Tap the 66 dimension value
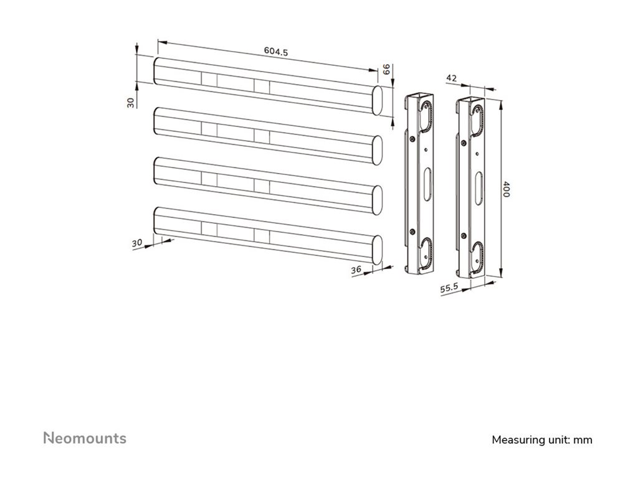[x=386, y=70]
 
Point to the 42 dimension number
[x=452, y=78]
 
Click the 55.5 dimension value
[x=450, y=288]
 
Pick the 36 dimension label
[x=356, y=269]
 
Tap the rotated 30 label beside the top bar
[x=131, y=102]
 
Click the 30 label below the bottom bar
[x=137, y=243]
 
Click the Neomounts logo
[x=85, y=438]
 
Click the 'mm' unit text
[x=583, y=440]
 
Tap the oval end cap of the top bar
[x=377, y=100]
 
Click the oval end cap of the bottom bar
[x=377, y=249]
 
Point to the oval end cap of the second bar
[x=377, y=150]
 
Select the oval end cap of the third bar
[x=377, y=200]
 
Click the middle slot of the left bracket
[x=427, y=185]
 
